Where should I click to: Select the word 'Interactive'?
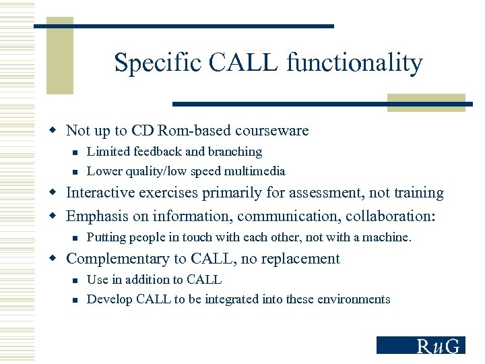101,193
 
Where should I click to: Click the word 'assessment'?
317,193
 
